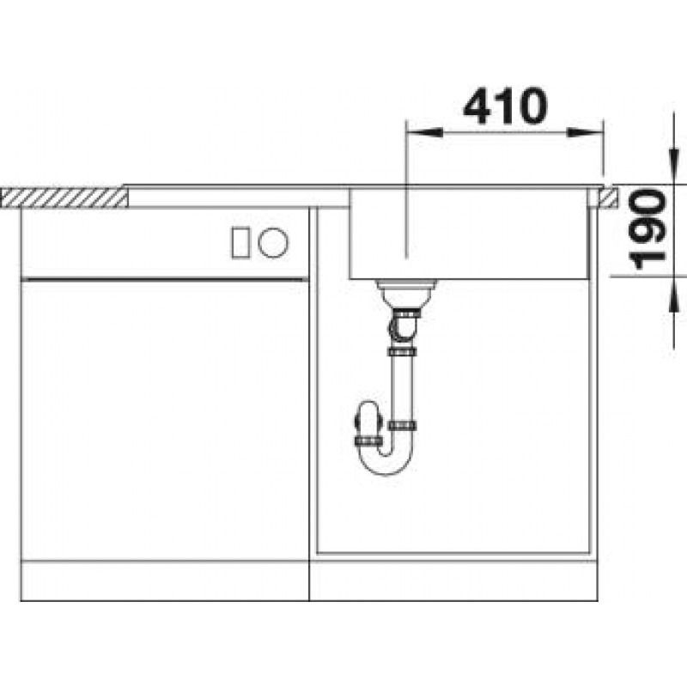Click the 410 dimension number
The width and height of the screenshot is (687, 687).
(x=505, y=106)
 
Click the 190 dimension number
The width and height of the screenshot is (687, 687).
(x=647, y=229)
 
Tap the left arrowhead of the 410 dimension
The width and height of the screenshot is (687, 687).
(x=424, y=131)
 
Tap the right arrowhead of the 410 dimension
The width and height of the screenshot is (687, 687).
(x=586, y=131)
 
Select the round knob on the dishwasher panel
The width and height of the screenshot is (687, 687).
(x=273, y=242)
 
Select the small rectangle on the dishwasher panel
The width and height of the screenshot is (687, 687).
(x=240, y=242)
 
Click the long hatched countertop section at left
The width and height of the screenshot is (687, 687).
(x=64, y=198)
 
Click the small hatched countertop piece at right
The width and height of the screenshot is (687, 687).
(x=610, y=197)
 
